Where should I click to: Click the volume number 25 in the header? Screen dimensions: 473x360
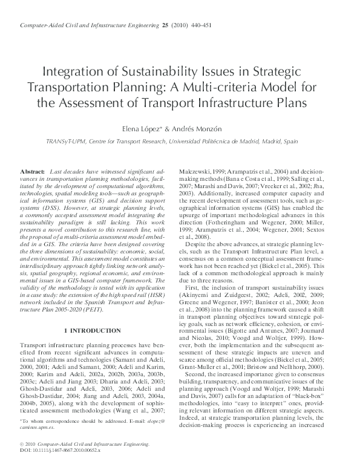[165, 25]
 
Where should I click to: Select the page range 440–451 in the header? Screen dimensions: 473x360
[205, 25]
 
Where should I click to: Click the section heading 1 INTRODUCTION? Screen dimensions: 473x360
[92, 330]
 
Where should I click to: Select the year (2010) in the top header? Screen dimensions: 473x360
[181, 25]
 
